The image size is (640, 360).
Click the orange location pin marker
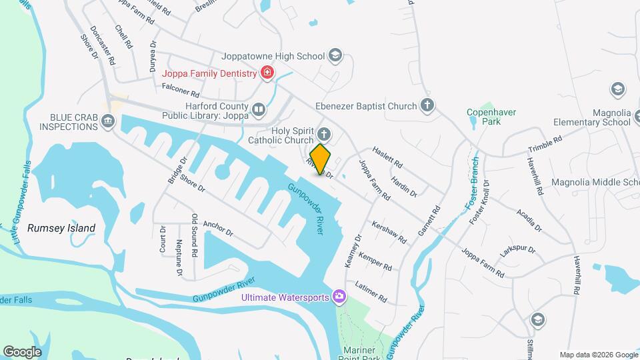tap(321, 159)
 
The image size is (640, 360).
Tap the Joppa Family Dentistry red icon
tap(267, 73)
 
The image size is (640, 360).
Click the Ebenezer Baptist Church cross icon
tap(427, 105)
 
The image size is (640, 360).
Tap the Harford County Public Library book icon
tap(258, 109)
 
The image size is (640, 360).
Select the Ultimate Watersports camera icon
tap(340, 296)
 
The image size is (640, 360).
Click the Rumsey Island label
tap(61, 228)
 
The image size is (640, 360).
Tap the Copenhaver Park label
tap(491, 117)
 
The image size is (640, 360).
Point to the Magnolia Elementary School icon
tap(617, 89)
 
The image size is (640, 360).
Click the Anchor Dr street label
tap(218, 229)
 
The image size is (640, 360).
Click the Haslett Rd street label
tap(387, 157)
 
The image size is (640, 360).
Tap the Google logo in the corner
tap(22, 351)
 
